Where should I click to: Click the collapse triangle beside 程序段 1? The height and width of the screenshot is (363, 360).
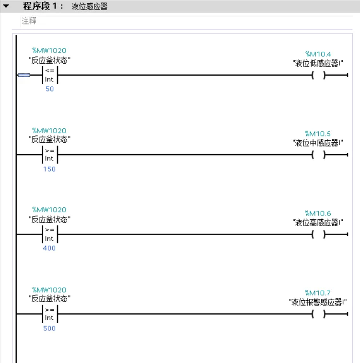tap(6, 7)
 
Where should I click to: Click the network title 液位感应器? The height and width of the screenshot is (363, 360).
tap(90, 7)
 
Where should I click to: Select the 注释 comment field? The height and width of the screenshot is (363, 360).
tap(29, 22)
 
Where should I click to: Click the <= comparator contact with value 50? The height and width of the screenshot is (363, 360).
tap(49, 75)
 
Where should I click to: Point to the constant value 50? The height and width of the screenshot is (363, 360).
tap(49, 90)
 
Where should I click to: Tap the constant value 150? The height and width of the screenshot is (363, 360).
tap(49, 169)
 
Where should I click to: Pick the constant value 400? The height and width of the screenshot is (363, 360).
tap(49, 248)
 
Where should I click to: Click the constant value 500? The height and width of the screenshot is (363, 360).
tap(49, 328)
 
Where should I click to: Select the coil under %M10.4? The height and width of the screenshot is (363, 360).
tap(318, 75)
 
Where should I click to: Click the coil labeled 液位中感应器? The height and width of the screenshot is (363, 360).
tap(318, 155)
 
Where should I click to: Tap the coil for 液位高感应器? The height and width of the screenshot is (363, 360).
tap(318, 235)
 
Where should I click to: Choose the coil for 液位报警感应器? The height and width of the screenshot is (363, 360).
tap(318, 314)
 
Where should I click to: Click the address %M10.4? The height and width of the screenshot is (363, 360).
tap(318, 54)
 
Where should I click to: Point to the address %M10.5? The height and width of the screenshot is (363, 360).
tap(318, 134)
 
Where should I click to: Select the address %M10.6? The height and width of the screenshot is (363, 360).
tap(318, 213)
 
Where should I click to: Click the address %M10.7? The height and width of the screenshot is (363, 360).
tap(318, 293)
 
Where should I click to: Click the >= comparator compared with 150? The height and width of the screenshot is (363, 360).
tap(49, 155)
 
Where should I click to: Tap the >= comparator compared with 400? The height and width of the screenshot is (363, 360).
tap(49, 235)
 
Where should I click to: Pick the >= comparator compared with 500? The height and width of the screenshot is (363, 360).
tap(49, 314)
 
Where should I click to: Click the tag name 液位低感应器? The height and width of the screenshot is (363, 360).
tap(318, 63)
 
